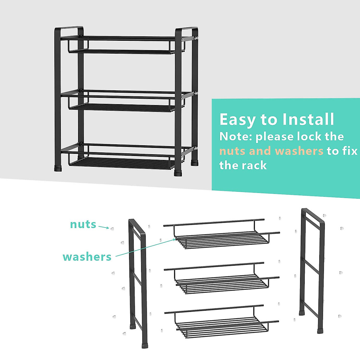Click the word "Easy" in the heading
(x=238, y=120)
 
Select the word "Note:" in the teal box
(x=236, y=136)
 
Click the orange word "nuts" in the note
(x=232, y=151)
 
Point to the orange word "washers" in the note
(x=299, y=151)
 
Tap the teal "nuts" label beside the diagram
(x=83, y=224)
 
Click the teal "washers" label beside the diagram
(x=87, y=257)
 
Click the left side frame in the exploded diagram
(x=138, y=282)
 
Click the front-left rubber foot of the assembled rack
(x=58, y=168)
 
